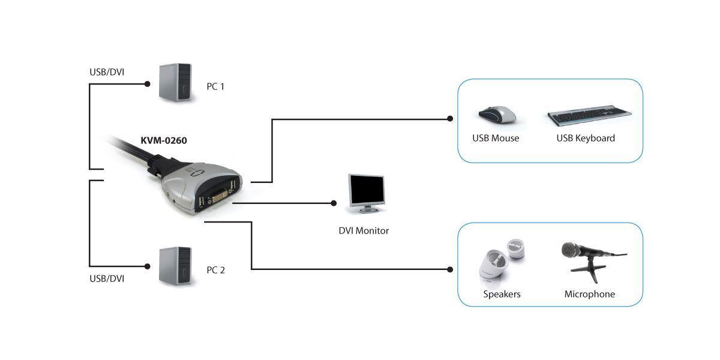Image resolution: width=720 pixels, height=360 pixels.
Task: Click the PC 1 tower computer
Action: point(175,82)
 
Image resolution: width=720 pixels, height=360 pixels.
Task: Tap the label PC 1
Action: point(215,86)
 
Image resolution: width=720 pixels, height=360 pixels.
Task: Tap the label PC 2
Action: point(215,270)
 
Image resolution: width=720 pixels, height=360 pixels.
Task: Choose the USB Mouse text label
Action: point(496,139)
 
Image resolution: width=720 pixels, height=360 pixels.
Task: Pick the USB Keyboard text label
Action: point(586,139)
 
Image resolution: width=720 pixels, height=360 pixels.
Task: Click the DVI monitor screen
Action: point(367,191)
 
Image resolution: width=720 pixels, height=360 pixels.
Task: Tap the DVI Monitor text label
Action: point(364,230)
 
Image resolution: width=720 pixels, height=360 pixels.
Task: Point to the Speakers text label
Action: point(502,295)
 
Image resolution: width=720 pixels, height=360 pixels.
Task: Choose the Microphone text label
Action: point(589,295)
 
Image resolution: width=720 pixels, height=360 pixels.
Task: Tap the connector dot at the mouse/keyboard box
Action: point(450,119)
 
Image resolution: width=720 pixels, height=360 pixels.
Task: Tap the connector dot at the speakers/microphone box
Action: point(450,269)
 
